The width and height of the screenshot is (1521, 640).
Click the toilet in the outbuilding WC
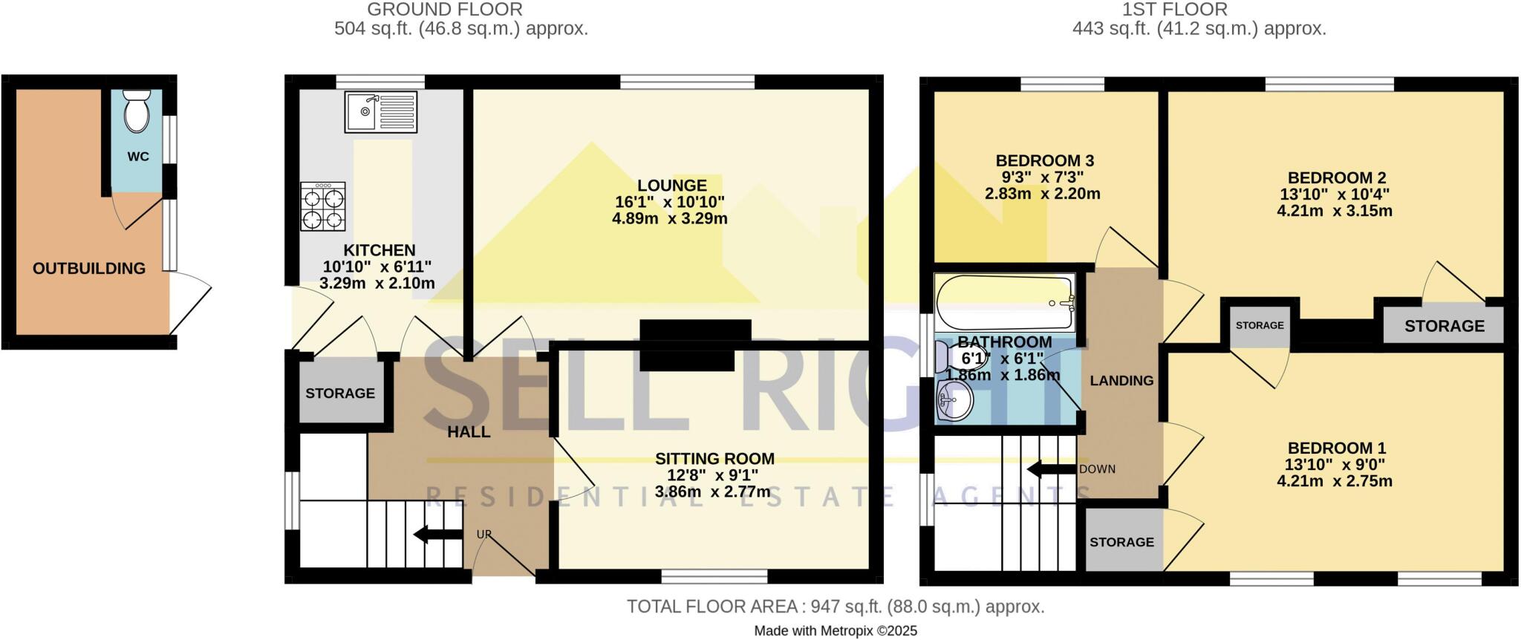136,112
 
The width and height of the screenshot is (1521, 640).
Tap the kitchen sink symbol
380,111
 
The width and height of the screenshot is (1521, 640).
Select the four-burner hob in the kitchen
323,207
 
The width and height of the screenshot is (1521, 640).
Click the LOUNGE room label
671,185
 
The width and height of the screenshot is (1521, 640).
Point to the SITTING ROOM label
714,459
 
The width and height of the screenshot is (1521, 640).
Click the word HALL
469,431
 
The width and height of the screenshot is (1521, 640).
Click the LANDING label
1121,380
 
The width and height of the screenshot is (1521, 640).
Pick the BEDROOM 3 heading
1044,160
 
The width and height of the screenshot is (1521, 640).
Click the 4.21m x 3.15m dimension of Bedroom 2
1334,211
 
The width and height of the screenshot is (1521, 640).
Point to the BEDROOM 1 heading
1336,448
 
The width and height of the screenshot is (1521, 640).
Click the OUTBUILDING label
89,268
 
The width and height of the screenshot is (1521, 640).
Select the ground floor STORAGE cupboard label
340,393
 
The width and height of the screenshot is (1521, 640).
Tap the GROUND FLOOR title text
445,10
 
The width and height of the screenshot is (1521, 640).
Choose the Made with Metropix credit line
836,631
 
